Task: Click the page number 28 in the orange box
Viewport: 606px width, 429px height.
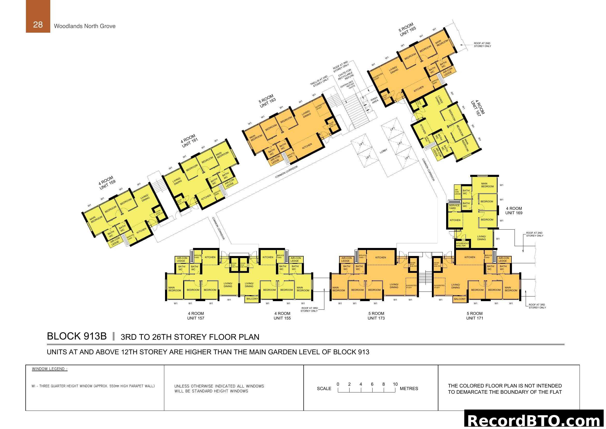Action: click(x=38, y=25)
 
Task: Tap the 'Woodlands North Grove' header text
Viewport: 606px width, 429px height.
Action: click(x=84, y=26)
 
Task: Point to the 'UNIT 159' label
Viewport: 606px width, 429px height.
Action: click(x=108, y=185)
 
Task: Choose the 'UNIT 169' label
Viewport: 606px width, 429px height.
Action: click(x=514, y=213)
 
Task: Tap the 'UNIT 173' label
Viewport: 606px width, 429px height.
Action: click(x=376, y=318)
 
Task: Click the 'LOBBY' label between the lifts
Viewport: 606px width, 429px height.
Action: click(x=383, y=151)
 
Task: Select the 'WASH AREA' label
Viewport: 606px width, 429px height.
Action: click(x=375, y=100)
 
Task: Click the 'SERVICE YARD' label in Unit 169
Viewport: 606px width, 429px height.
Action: click(x=454, y=207)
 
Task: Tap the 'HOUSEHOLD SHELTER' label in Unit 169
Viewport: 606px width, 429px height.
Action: click(x=462, y=244)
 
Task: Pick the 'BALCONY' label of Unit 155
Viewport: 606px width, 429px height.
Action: click(x=252, y=299)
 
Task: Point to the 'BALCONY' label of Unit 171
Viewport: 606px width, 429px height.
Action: click(x=460, y=299)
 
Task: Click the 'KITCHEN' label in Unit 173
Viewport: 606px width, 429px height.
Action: click(x=381, y=257)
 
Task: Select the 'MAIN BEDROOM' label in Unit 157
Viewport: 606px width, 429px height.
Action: click(x=174, y=289)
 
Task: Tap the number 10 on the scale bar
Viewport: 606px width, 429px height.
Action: click(x=395, y=384)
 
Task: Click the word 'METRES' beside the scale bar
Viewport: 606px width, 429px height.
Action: click(x=409, y=389)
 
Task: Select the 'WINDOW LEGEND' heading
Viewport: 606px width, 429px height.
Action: click(x=50, y=369)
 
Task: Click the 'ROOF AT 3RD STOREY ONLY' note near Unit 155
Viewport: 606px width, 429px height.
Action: click(x=309, y=309)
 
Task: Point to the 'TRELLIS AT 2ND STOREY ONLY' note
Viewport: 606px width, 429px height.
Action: click(x=320, y=81)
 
